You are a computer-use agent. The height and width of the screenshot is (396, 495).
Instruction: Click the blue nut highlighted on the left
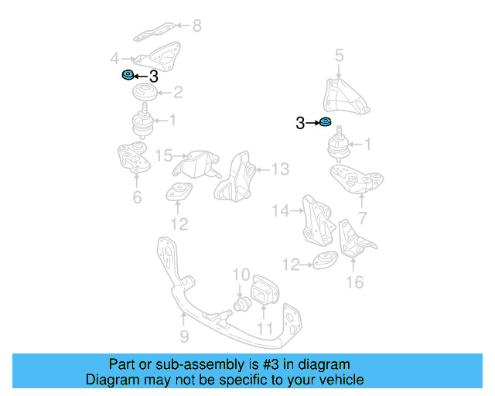(x=128, y=75)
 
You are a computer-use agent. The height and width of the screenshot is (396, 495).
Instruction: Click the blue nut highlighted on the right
(x=326, y=122)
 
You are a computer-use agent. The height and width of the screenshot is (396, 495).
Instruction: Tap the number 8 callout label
(x=196, y=26)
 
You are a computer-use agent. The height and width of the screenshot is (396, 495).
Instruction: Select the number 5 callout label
(x=339, y=55)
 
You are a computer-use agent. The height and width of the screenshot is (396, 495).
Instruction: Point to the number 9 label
(x=184, y=336)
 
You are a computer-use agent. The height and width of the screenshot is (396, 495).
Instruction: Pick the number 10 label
(x=241, y=275)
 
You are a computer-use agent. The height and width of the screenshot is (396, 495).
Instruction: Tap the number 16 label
(x=353, y=282)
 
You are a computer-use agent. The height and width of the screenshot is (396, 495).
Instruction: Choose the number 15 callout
(x=163, y=156)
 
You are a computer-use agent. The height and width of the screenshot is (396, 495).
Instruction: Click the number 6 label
(x=137, y=198)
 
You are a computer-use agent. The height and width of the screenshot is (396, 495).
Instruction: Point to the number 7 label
(x=362, y=219)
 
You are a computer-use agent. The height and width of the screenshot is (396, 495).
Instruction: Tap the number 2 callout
(x=178, y=93)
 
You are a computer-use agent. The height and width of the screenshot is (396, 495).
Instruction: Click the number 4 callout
(x=114, y=58)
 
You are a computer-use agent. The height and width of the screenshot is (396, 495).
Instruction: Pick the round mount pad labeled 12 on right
(x=323, y=262)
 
